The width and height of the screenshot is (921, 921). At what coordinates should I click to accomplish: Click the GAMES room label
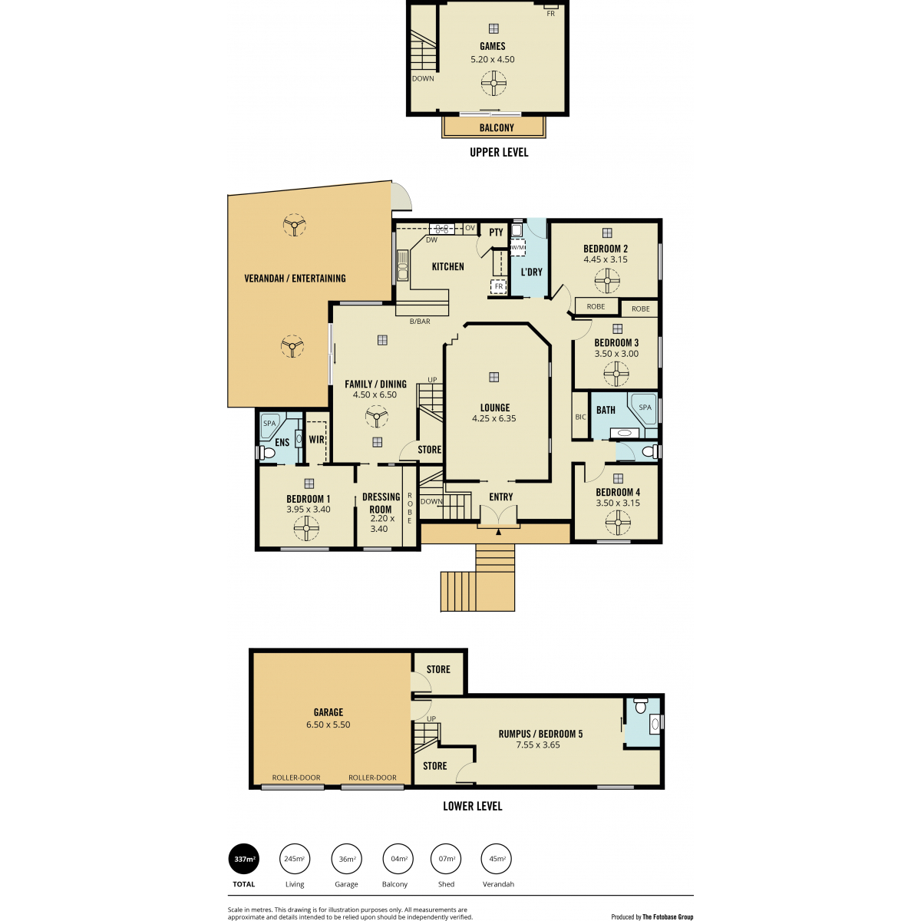click(492, 46)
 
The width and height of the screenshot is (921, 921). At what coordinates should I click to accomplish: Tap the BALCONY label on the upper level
click(497, 127)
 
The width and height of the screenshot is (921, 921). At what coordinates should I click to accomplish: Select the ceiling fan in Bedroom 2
click(607, 281)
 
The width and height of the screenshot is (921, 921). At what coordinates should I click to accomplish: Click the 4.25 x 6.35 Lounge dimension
click(494, 419)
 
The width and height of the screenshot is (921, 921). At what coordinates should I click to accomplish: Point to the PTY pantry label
click(496, 233)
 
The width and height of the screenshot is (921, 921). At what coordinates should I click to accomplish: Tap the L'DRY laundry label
click(531, 272)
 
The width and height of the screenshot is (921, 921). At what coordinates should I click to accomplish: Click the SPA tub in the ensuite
click(272, 426)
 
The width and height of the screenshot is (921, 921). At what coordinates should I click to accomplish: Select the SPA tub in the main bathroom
click(642, 408)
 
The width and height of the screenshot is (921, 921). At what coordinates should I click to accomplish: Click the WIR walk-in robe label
click(316, 439)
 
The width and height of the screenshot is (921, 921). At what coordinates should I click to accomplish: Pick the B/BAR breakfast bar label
click(420, 322)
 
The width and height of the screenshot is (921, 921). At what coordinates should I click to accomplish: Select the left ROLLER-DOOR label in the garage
click(295, 777)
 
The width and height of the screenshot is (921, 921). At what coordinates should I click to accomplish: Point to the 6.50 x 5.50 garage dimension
click(328, 725)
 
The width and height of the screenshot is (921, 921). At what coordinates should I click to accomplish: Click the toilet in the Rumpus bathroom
click(640, 705)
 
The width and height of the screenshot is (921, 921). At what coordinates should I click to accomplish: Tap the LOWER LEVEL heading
click(472, 807)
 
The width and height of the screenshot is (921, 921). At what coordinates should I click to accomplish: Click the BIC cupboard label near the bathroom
click(580, 417)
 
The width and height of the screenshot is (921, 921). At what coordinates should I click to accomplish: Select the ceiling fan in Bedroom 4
click(618, 523)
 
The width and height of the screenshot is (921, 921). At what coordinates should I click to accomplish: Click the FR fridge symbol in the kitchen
click(499, 286)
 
